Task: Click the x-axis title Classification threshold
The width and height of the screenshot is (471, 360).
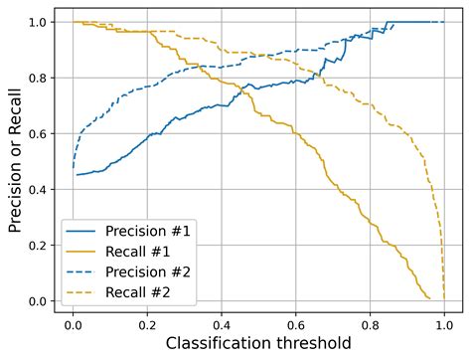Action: click(x=257, y=344)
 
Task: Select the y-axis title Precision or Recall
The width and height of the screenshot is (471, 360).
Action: click(x=15, y=161)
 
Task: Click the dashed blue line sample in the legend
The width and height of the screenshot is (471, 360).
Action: click(x=84, y=270)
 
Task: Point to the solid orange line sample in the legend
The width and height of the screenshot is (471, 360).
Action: click(x=84, y=251)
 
